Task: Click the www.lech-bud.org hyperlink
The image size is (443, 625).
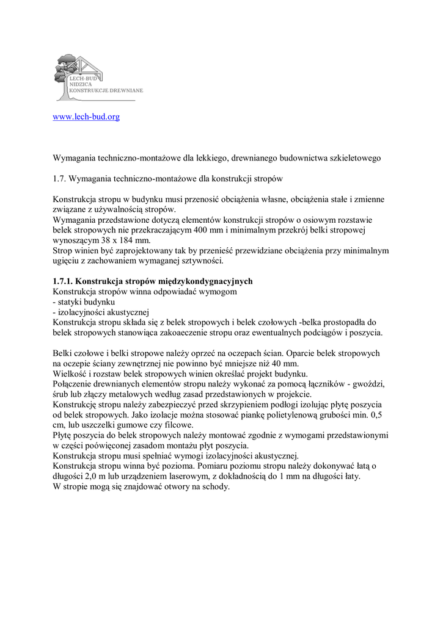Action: pos(86,117)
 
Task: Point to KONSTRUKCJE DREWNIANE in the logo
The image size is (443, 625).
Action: pos(106,90)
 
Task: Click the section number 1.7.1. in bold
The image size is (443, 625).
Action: pos(63,282)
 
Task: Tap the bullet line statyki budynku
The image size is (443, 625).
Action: pos(86,302)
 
